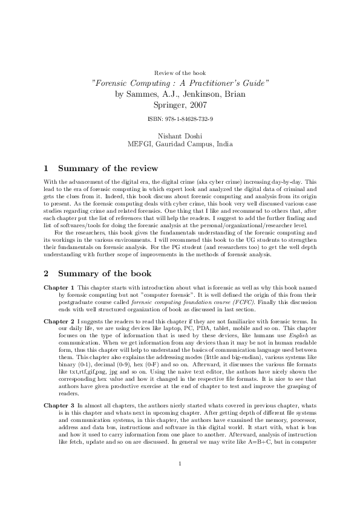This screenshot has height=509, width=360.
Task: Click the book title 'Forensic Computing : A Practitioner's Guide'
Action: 180,83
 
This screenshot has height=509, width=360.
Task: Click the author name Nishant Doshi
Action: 180,136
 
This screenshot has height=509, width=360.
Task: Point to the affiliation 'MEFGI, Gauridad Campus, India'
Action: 180,144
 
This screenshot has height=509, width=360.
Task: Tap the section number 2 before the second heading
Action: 47,272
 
